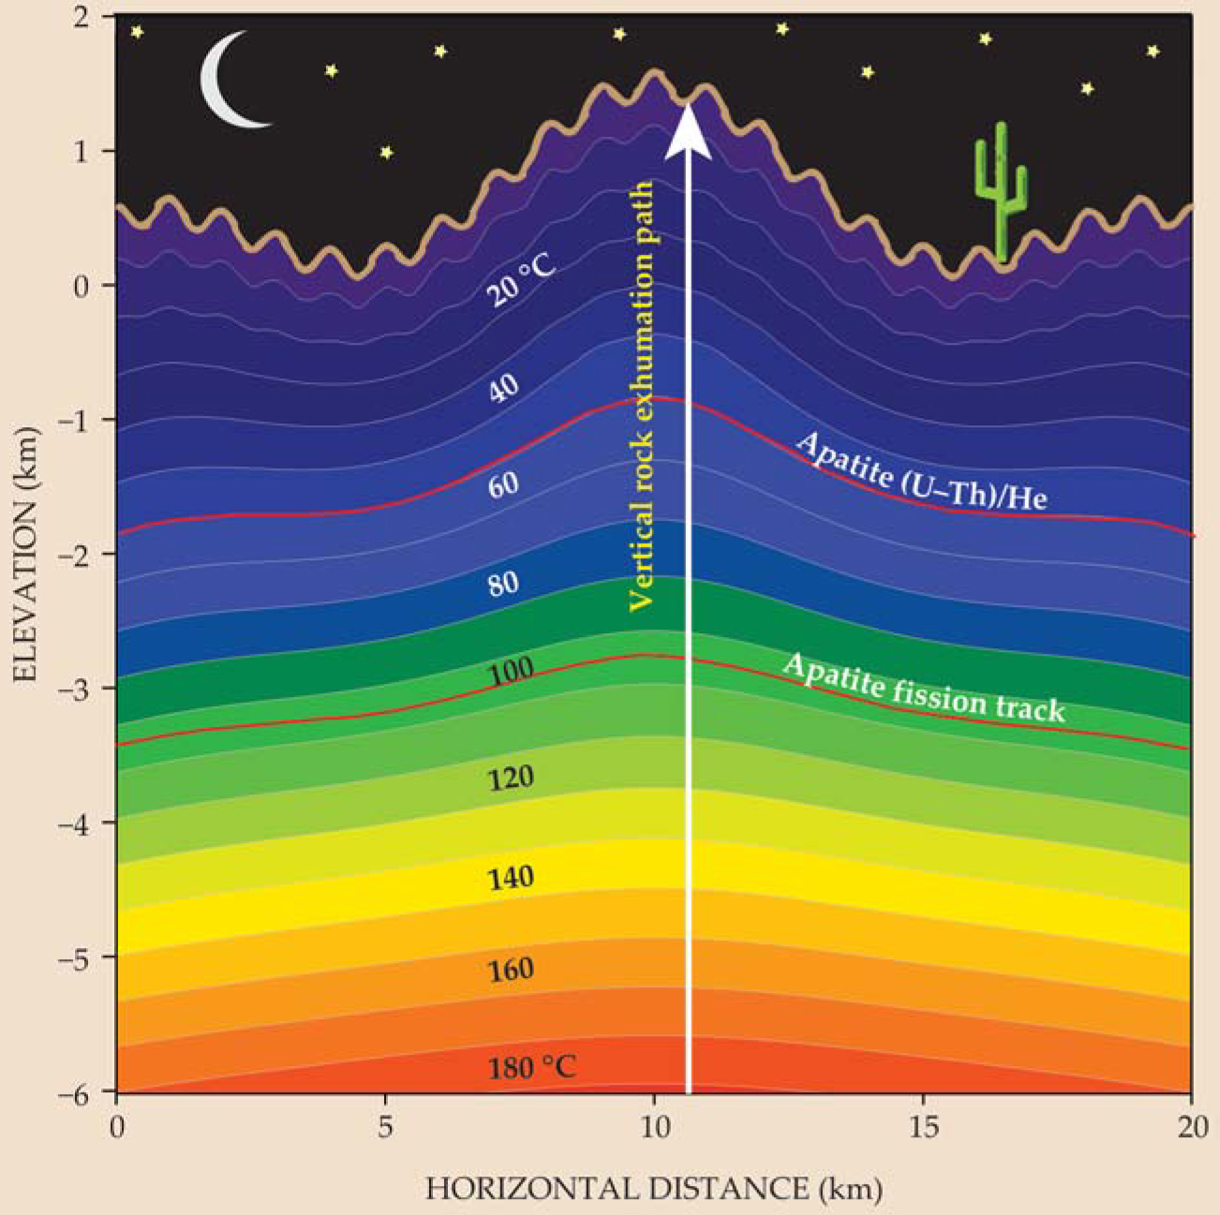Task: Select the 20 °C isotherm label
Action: pyautogui.click(x=520, y=280)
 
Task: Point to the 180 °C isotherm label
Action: pyautogui.click(x=531, y=1067)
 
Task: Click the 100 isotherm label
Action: pyautogui.click(x=511, y=671)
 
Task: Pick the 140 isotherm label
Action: pyautogui.click(x=511, y=878)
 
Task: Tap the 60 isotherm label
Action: pyautogui.click(x=504, y=485)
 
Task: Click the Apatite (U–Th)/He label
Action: pyautogui.click(x=920, y=471)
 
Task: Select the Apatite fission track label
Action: pyautogui.click(x=923, y=688)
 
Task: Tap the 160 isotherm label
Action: pyautogui.click(x=511, y=970)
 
